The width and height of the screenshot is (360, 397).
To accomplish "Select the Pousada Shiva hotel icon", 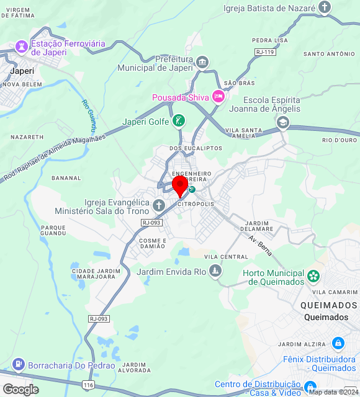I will [218, 96].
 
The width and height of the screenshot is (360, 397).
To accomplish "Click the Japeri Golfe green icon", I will [178, 120].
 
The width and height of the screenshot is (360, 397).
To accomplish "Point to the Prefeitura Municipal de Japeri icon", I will [202, 62].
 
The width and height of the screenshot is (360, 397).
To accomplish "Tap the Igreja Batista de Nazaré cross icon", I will [324, 7].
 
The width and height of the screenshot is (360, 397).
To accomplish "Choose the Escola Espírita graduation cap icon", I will [283, 122].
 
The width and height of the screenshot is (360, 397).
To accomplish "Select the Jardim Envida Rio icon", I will [215, 270].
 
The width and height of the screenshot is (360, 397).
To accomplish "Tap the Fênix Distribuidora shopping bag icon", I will [338, 342].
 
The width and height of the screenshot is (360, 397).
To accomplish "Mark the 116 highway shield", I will [88, 386].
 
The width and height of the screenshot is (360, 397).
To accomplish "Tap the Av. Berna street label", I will [261, 247].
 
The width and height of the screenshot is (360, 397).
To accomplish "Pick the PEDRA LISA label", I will [270, 40].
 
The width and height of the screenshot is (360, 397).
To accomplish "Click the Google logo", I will [20, 389].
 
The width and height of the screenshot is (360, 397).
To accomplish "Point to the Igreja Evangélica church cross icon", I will [159, 205].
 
